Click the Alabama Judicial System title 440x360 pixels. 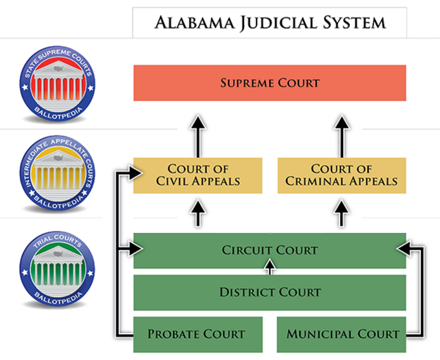(269, 23)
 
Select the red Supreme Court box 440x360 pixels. (269, 83)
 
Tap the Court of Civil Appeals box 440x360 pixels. (198, 175)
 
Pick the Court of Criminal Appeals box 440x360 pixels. (342, 175)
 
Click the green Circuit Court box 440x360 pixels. (269, 250)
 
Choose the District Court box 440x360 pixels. (269, 292)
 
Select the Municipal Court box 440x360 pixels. (342, 334)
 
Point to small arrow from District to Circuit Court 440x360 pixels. (269, 267)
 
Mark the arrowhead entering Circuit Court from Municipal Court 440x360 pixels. (403, 250)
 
